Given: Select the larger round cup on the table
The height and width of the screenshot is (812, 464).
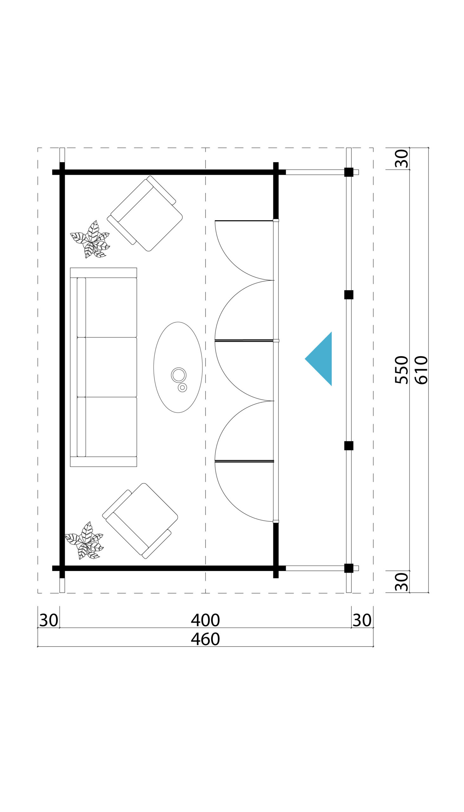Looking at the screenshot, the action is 179,375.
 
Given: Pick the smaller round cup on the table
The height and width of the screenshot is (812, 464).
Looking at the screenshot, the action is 182,388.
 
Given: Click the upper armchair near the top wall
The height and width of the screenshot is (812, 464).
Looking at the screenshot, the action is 145,213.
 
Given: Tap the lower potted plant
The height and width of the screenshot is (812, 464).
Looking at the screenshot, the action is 84,540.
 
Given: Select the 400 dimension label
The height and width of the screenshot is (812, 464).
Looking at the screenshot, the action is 205,620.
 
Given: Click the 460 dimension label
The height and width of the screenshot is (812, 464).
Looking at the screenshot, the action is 205,639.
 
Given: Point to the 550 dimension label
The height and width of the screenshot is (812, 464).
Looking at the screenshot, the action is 402,370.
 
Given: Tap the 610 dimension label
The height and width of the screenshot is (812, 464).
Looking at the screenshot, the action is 421,370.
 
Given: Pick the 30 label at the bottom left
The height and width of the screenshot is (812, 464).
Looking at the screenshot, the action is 49,620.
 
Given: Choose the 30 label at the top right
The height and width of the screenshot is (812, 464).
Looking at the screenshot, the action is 402,158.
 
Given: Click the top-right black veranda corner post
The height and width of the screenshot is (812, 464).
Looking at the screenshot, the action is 349,172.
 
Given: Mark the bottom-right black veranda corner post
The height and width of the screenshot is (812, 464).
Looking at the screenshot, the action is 349,568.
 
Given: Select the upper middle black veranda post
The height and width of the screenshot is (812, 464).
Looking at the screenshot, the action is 349,295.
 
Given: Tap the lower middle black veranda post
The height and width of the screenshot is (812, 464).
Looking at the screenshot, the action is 349,446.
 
